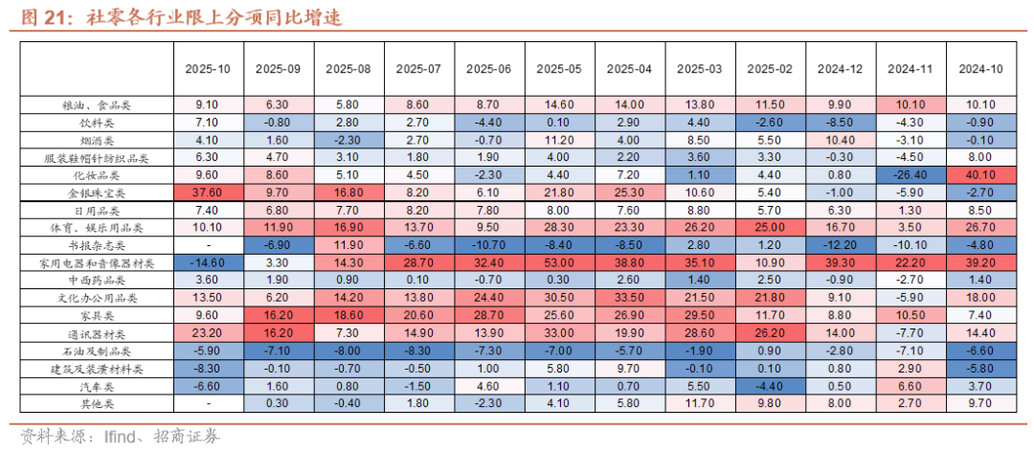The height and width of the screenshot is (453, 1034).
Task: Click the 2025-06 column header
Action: [x=488, y=69]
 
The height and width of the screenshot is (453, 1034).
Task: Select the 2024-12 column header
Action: [x=840, y=69]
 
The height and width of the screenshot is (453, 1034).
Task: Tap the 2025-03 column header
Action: [x=699, y=69]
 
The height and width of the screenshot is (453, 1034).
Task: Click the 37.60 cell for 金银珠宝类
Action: [x=208, y=193]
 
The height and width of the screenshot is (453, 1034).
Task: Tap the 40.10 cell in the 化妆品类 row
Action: [x=980, y=175]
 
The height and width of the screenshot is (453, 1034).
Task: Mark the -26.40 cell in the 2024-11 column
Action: [x=910, y=175]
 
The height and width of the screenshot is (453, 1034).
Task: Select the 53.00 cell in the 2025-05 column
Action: [x=559, y=262]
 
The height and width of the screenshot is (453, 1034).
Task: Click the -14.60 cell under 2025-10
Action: [x=208, y=262]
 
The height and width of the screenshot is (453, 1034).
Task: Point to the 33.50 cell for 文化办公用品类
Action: [x=629, y=298]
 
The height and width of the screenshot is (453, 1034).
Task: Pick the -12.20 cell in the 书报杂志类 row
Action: [x=840, y=245]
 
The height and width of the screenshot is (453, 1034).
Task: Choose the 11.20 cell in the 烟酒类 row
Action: [x=559, y=140]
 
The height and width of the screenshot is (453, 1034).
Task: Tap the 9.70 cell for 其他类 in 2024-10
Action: [x=980, y=403]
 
